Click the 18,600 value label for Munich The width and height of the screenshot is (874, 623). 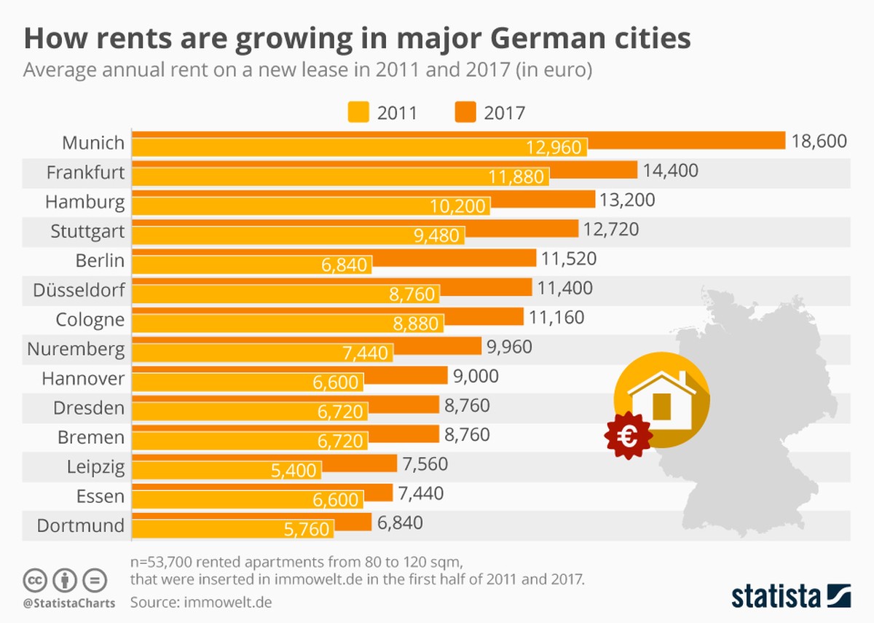819,141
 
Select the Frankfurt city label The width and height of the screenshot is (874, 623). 85,173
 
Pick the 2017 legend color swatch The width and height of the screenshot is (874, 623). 465,112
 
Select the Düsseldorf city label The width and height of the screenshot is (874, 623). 79,291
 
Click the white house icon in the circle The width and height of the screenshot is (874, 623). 661,398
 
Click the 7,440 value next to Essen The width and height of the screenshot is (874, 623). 420,493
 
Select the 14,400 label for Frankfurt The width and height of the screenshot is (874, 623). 670,171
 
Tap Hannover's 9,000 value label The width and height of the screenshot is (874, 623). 475,375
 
